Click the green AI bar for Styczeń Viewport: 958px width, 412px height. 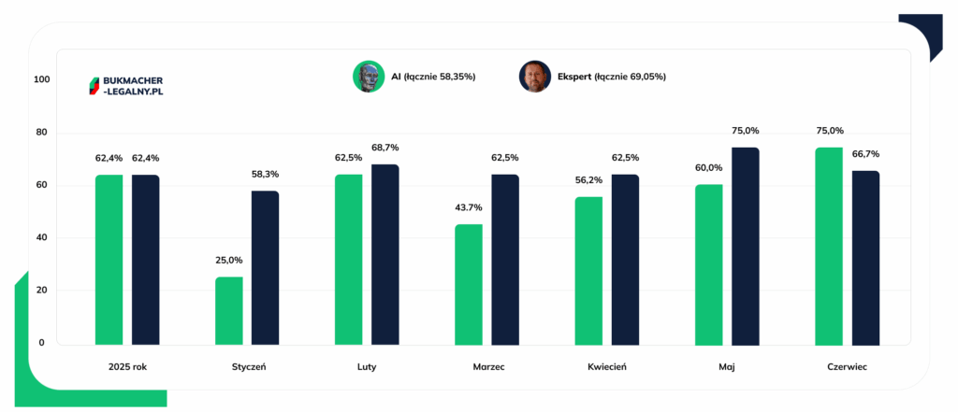228,311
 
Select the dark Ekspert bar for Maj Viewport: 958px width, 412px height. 746,246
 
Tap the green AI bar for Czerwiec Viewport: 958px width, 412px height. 829,246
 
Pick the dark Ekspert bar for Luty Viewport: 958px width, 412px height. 385,254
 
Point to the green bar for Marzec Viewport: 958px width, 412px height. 469,284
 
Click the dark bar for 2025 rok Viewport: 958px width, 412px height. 145,260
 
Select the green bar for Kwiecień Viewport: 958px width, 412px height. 588,271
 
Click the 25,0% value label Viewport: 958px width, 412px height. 228,260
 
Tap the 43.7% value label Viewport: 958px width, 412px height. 468,207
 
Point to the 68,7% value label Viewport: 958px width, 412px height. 385,147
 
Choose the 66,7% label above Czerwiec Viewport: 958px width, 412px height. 865,154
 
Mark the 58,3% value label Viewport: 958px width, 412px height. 265,174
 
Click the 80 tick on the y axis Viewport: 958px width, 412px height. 43,133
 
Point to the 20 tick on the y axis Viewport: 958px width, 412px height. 43,290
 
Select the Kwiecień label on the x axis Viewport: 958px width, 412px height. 607,367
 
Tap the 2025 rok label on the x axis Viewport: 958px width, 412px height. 127,367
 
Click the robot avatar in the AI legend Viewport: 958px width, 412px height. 369,77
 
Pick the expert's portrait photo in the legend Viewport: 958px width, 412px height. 535,77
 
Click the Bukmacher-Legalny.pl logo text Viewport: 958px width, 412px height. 134,86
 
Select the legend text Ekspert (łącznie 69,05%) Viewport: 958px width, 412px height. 612,77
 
